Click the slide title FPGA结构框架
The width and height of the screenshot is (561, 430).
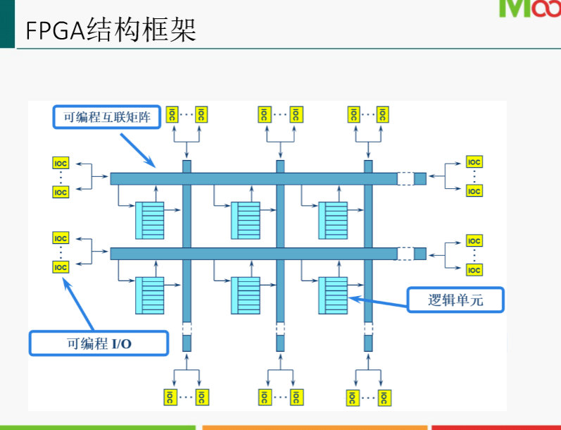click(111, 30)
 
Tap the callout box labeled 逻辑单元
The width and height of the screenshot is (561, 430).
click(456, 300)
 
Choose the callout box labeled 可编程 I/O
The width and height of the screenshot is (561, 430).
click(99, 343)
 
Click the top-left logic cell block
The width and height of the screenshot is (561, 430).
click(149, 221)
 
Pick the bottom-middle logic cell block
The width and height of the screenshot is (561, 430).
click(246, 295)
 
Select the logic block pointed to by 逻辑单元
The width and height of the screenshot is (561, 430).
click(333, 295)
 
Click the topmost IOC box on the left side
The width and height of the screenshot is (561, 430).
click(61, 163)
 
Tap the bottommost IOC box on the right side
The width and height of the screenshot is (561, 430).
click(474, 270)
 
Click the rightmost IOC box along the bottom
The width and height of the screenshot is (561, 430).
click(384, 397)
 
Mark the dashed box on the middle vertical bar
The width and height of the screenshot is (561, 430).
click(280, 328)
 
